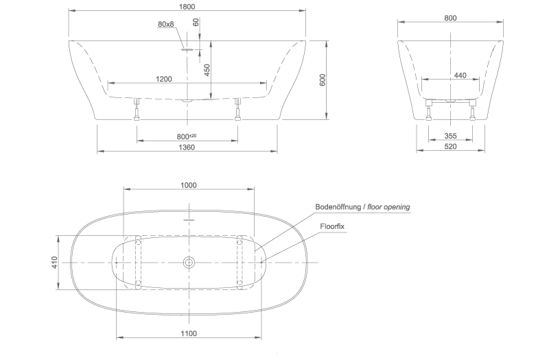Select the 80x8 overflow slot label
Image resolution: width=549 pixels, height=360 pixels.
click(166, 25)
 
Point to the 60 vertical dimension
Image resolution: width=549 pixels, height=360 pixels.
click(196, 22)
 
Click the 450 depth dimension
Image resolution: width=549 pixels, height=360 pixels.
click(207, 69)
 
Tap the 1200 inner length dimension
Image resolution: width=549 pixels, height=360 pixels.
click(164, 79)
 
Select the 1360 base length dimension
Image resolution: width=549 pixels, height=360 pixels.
click(187, 147)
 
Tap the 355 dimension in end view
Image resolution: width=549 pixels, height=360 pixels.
click(451, 136)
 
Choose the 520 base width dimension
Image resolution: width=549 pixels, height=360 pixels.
click(451, 147)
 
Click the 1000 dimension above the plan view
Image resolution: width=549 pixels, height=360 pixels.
click(188, 184)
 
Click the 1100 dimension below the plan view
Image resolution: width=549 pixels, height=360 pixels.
click(189, 333)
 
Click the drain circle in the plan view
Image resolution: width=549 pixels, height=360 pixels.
click(189, 263)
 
